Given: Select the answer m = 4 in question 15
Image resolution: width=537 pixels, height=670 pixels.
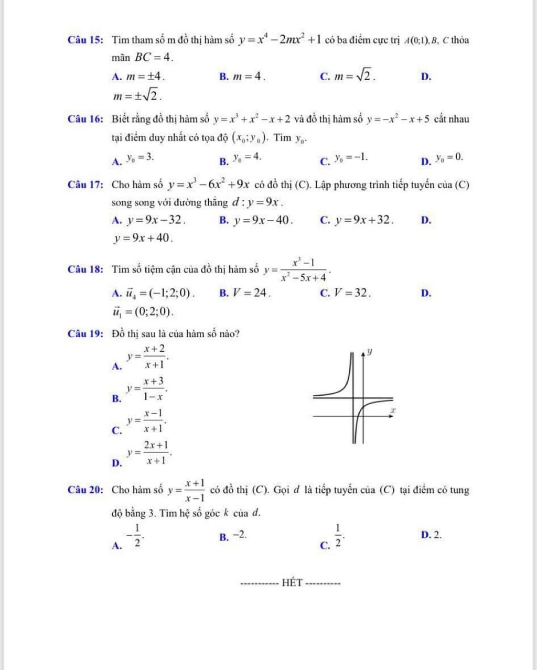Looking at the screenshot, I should coord(248,77).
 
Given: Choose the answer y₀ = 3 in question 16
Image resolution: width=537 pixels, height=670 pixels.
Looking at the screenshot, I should coord(140,157).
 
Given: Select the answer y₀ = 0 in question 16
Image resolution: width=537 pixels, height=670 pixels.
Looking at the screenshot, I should coord(450,157).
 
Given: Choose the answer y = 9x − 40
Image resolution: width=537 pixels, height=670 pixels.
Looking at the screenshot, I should coord(263,220).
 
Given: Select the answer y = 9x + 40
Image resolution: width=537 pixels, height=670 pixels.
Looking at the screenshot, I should coord(143,239).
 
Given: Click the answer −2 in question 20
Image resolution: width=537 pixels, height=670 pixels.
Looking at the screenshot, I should coord(240,535).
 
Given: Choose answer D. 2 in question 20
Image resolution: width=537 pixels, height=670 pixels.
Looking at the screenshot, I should coord(431,535).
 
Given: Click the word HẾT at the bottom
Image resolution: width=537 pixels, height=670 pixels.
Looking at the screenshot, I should coord(293,582).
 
